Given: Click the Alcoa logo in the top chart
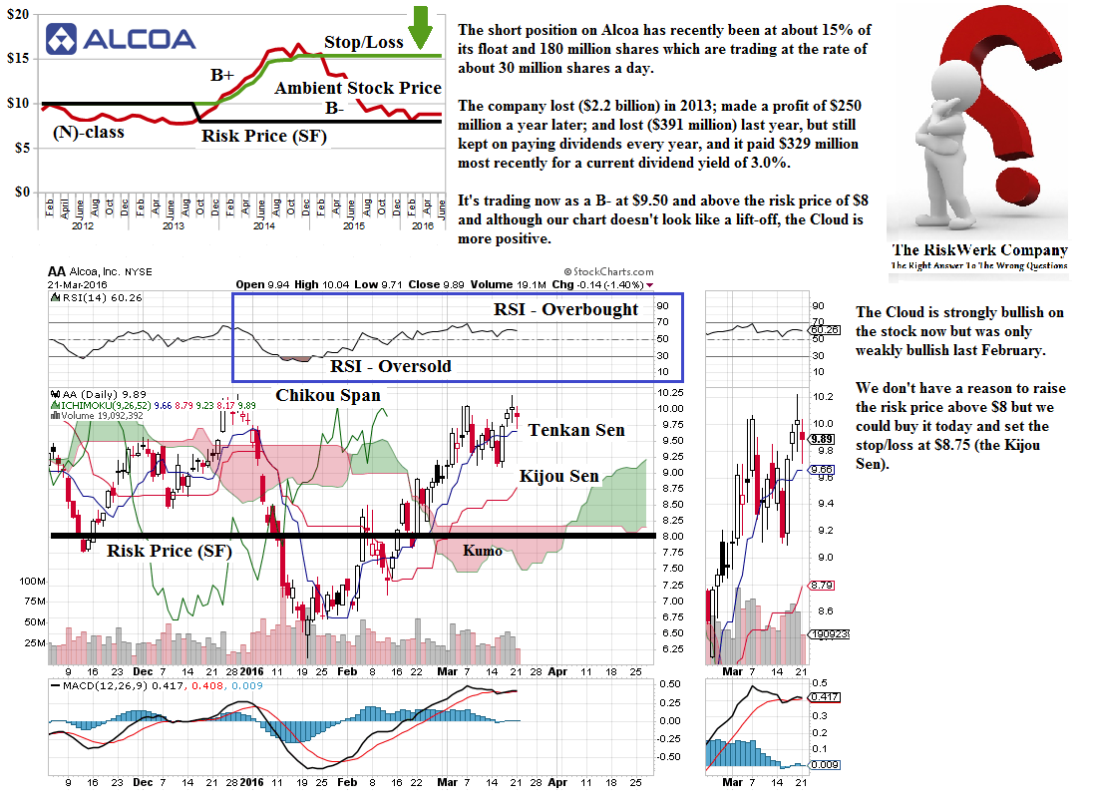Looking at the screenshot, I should click(x=121, y=39).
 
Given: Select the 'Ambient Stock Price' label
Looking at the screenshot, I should click(x=358, y=89).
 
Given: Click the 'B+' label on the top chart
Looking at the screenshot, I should click(x=221, y=75).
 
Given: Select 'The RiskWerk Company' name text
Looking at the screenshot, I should click(x=978, y=250).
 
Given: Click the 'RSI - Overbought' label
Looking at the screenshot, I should click(x=565, y=309).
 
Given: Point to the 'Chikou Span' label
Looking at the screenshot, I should click(x=328, y=395).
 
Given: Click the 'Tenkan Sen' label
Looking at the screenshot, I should click(x=576, y=430).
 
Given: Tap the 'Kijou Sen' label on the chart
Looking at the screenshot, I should click(x=559, y=477).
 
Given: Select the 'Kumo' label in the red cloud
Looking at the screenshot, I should click(x=483, y=550).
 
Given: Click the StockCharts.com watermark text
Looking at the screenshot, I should click(x=609, y=271).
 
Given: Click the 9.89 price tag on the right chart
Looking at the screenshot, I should click(x=822, y=438).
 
